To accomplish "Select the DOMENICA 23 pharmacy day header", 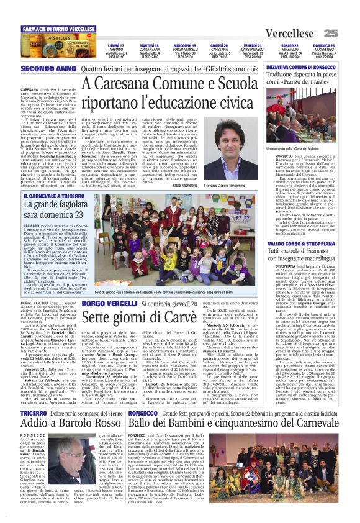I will (323, 46).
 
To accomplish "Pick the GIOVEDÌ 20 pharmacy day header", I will (219, 46).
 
